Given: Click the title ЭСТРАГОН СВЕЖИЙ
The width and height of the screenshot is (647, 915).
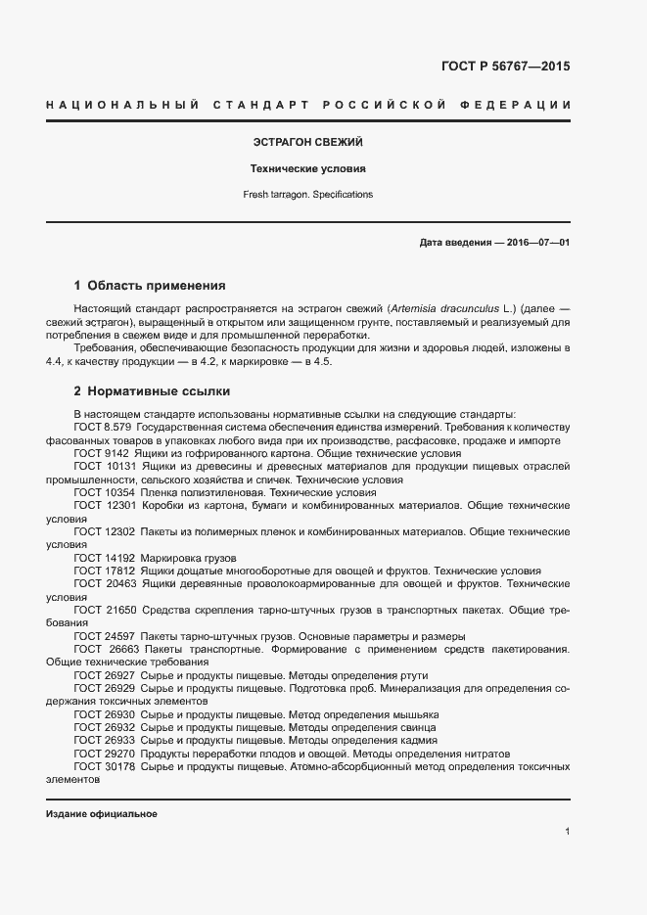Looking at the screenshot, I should click(x=308, y=143).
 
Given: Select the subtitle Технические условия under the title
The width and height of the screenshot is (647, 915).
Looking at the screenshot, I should click(x=308, y=168).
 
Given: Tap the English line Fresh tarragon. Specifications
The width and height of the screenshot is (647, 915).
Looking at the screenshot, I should click(x=308, y=195).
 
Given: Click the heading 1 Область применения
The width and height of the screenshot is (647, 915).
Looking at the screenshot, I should click(x=150, y=286).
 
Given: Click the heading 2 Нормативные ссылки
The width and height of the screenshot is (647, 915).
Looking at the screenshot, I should click(x=152, y=390).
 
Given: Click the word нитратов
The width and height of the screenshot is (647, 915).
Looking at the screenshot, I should click(x=481, y=755).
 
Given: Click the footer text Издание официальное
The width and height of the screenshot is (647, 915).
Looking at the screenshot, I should click(x=102, y=814).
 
